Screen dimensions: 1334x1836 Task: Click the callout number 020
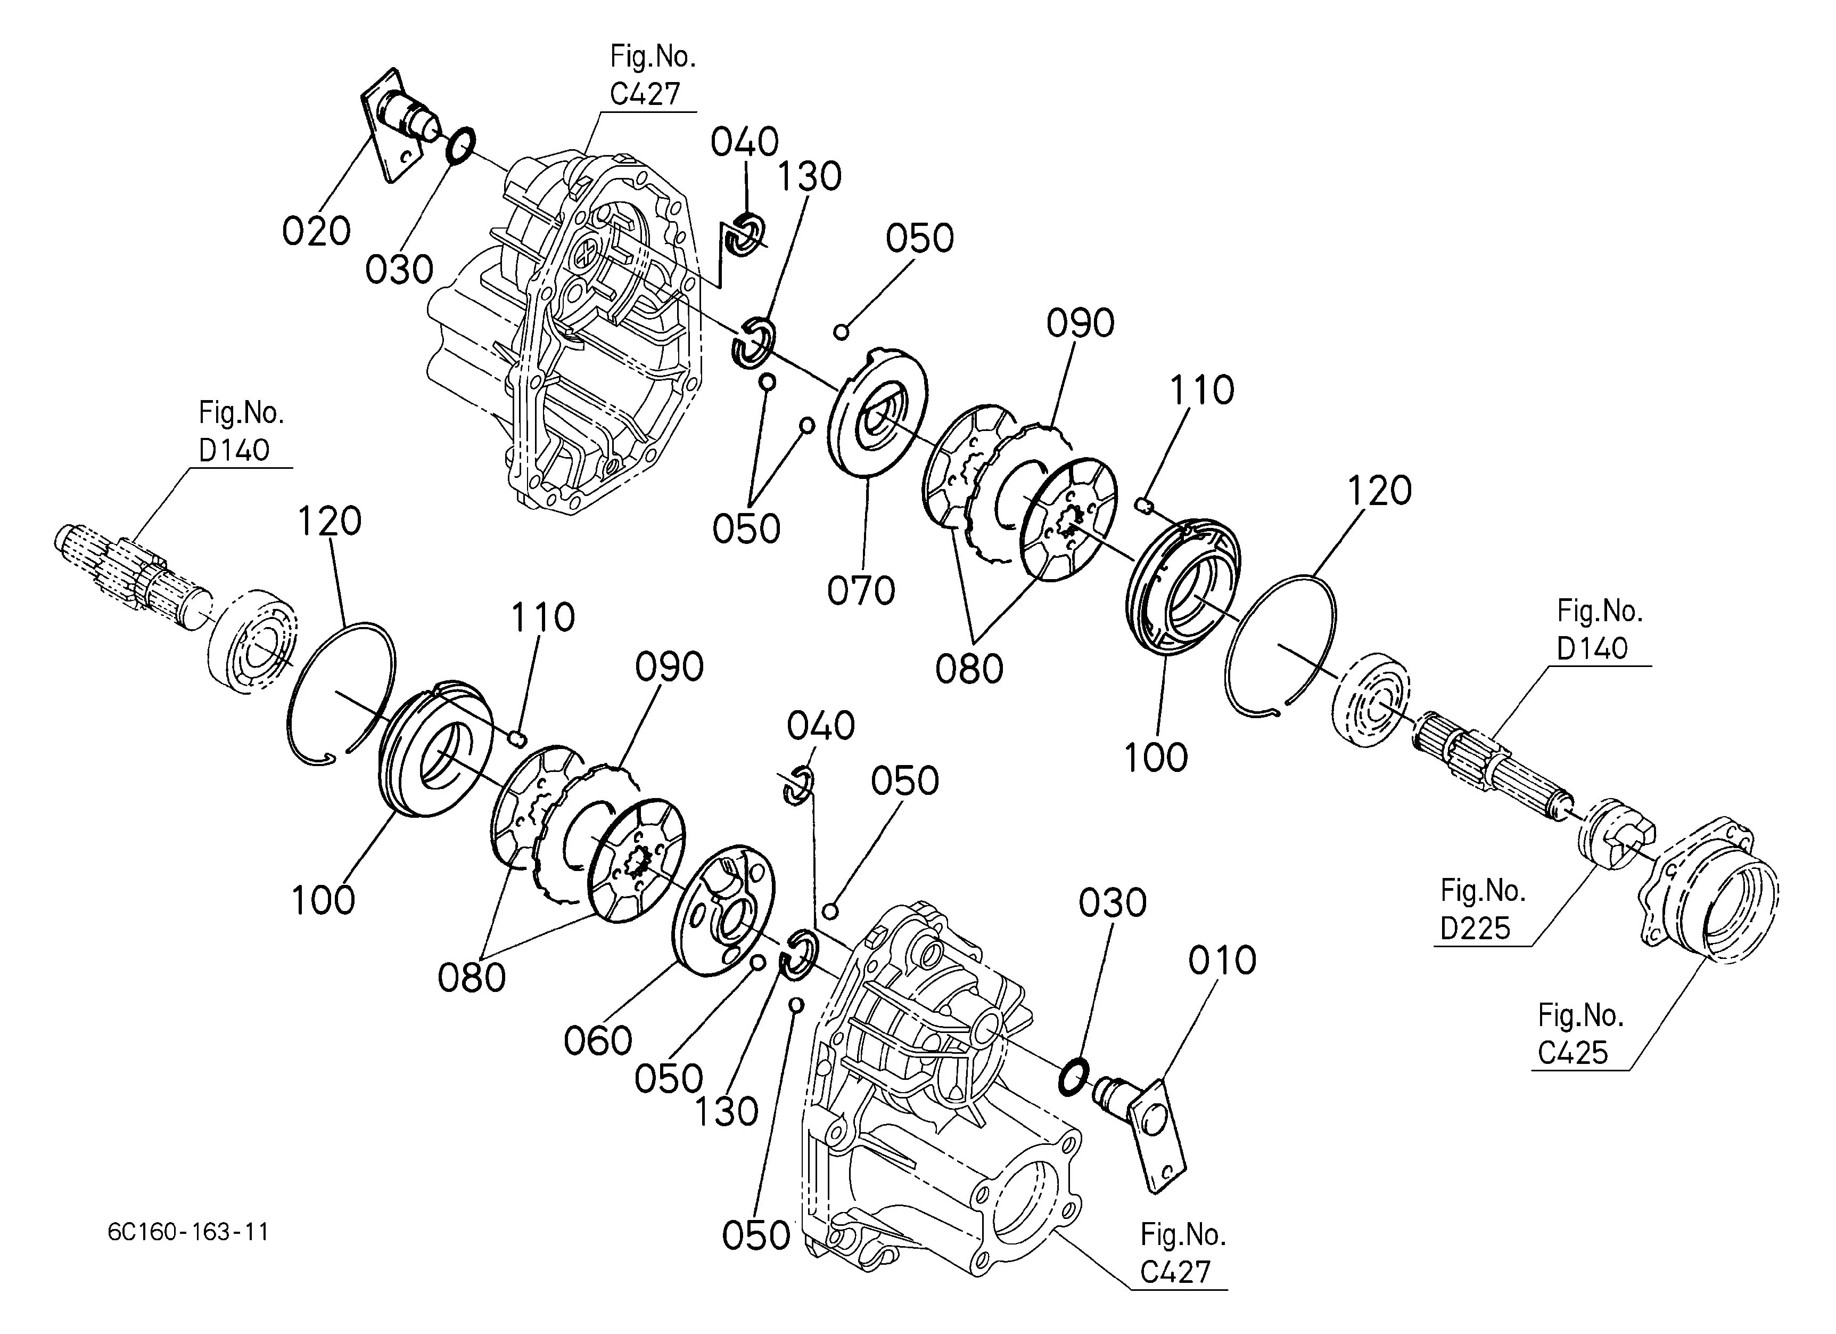[x=316, y=232]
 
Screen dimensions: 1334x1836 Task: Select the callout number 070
[x=861, y=590]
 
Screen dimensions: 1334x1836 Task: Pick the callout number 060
[x=597, y=1041]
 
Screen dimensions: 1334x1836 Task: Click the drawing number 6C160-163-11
[x=188, y=1232]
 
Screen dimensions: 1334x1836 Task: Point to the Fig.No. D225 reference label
[x=1481, y=909]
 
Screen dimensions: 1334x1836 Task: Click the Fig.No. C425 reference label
[x=1579, y=1034]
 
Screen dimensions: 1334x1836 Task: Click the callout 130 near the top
[x=810, y=176]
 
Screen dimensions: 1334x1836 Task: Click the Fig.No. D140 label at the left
[x=241, y=432]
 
